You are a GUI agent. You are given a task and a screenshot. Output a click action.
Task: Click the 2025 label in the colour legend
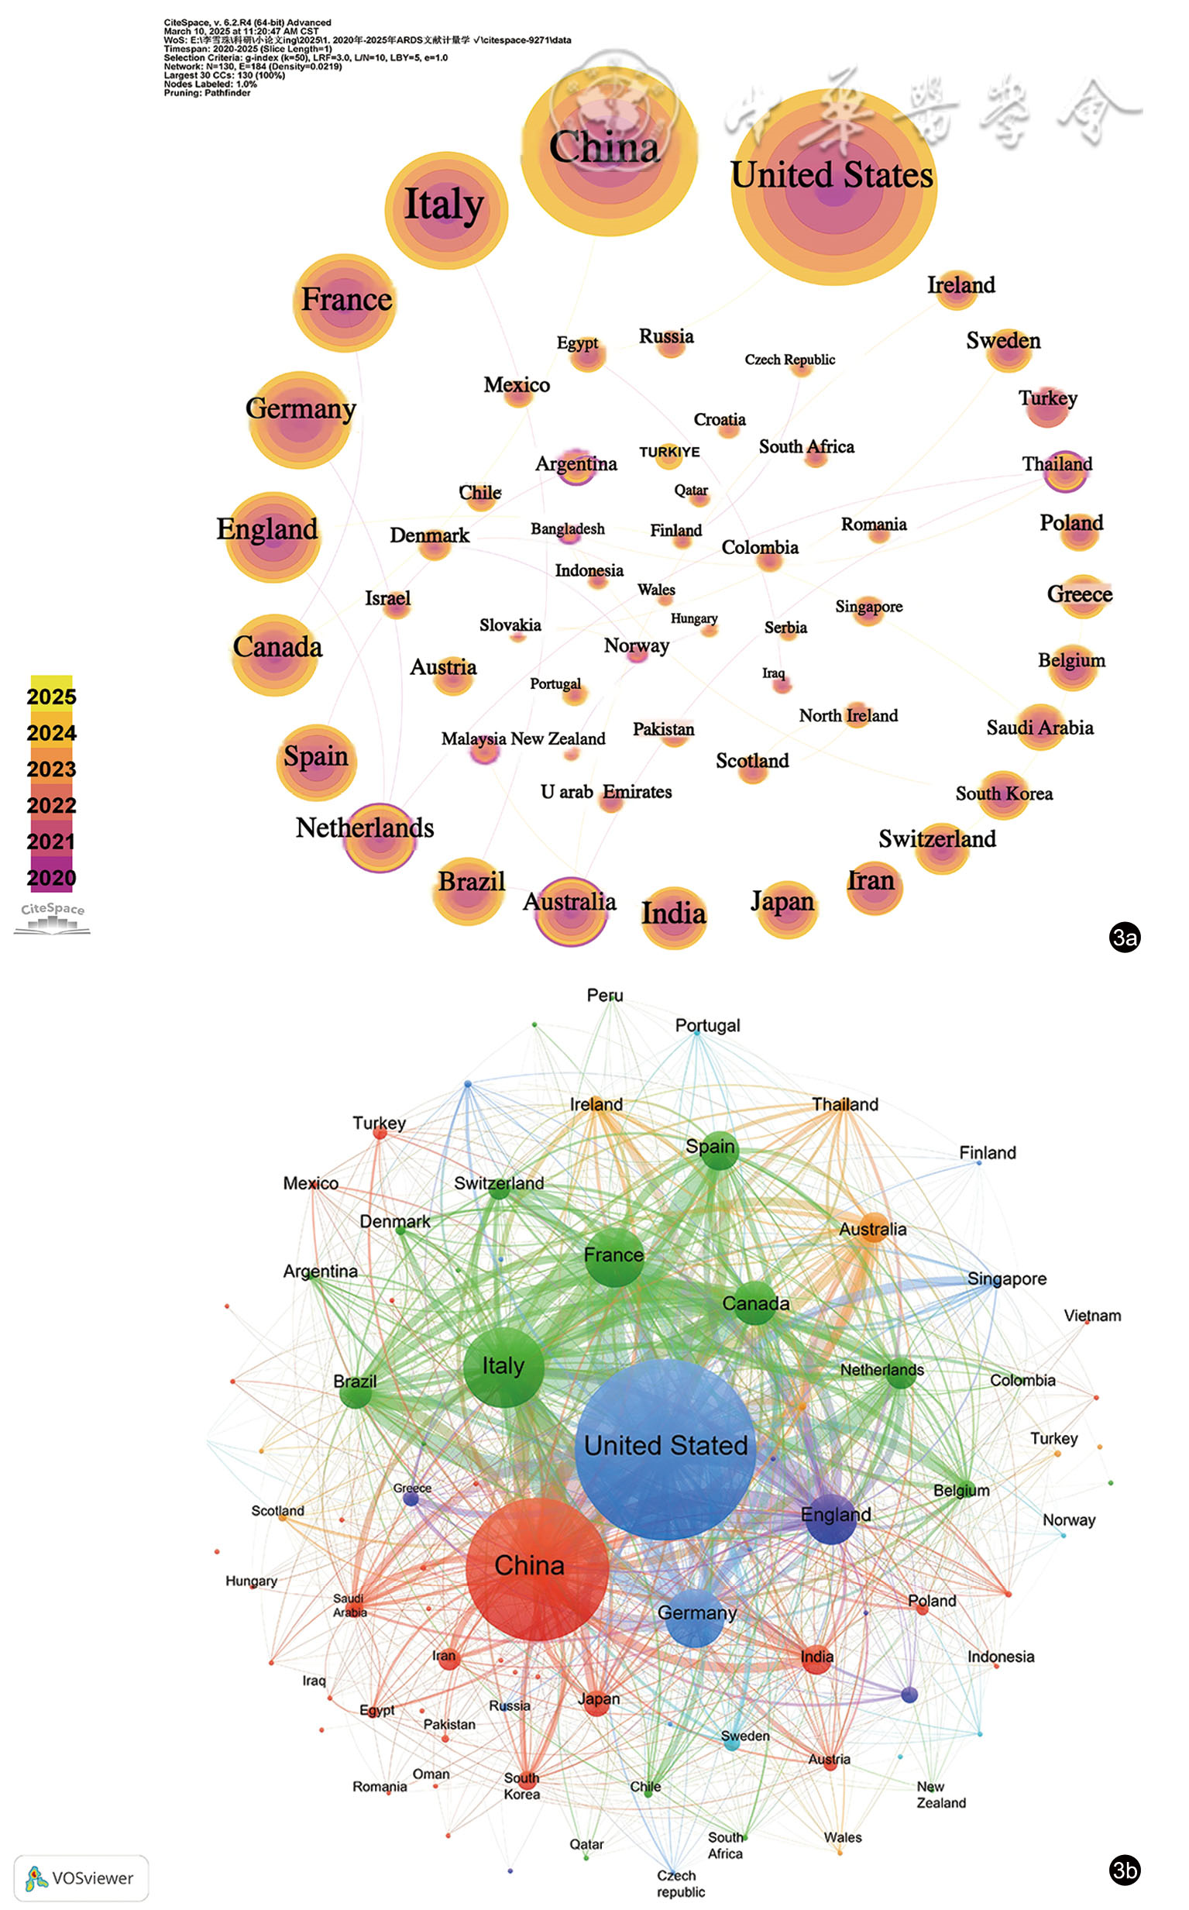51,697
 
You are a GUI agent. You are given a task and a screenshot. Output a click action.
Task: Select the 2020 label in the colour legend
51,878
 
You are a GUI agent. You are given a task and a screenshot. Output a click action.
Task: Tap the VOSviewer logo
81,1877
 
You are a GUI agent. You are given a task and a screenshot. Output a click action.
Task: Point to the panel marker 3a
1125,937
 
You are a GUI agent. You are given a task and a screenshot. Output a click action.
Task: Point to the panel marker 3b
1125,1870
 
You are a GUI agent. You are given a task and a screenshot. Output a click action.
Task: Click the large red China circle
537,1569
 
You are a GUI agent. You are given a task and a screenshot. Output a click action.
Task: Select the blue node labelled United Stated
665,1447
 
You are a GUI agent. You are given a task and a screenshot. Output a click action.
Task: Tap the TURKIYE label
669,453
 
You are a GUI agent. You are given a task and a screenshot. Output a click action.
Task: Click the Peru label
605,995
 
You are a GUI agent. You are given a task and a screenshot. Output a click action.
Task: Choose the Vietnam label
1092,1315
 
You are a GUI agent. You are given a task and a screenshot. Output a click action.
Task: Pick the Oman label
431,1774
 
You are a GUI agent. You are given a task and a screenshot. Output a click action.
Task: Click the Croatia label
720,419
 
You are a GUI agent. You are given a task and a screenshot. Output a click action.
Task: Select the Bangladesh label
567,528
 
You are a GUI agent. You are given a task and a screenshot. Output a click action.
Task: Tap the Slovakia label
510,625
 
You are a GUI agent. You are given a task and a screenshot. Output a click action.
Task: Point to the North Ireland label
848,715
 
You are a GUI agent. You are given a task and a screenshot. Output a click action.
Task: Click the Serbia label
785,627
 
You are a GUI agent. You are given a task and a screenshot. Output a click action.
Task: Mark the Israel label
387,598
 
